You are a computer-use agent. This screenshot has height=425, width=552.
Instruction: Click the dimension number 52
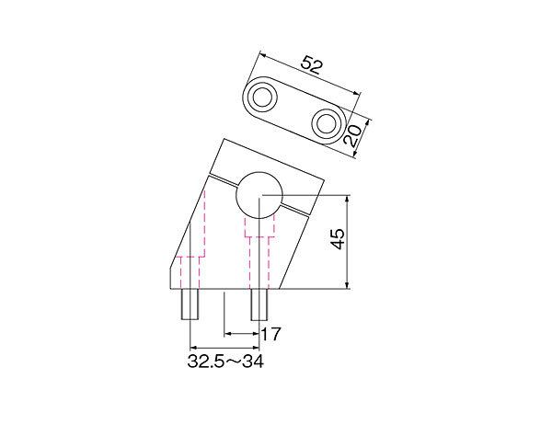pyautogui.click(x=312, y=65)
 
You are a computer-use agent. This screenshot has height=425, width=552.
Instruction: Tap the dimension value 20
pyautogui.click(x=352, y=135)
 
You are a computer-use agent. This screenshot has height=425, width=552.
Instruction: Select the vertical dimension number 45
pyautogui.click(x=338, y=239)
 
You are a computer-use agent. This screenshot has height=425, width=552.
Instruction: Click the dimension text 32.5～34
pyautogui.click(x=225, y=362)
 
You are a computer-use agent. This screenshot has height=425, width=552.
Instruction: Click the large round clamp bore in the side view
pyautogui.click(x=259, y=195)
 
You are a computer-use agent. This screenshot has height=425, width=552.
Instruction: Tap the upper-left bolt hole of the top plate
pyautogui.click(x=262, y=96)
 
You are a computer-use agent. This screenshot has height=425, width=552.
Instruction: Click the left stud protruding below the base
pyautogui.click(x=190, y=304)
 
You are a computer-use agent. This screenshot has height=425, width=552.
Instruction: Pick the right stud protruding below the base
pyautogui.click(x=259, y=304)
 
